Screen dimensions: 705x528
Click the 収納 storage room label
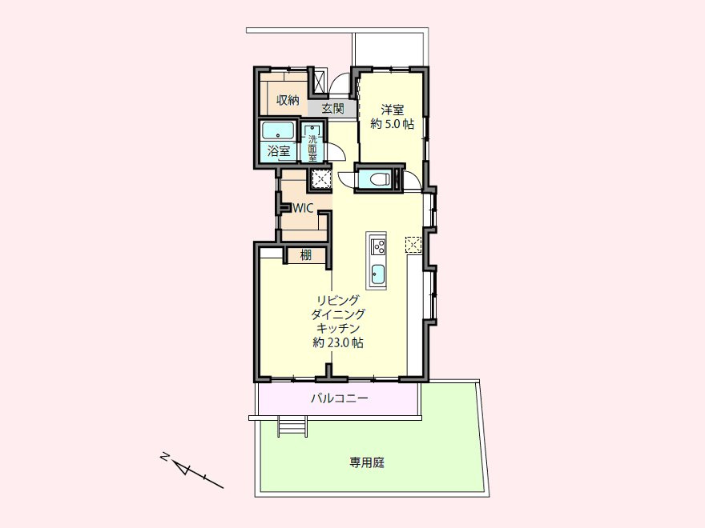(288, 100)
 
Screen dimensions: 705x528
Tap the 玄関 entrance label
(332, 108)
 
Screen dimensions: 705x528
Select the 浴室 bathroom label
(278, 151)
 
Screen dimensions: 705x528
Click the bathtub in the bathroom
(278, 130)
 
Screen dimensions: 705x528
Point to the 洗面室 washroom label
(312, 148)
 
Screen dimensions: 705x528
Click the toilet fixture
(377, 178)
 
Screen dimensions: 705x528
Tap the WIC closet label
(303, 208)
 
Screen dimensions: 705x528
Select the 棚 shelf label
(306, 255)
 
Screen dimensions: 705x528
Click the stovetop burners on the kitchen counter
(377, 246)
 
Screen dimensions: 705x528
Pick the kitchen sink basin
(377, 273)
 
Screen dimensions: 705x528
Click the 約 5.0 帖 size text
(392, 124)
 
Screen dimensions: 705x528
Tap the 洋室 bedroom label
(392, 110)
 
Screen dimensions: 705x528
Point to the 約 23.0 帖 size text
(338, 342)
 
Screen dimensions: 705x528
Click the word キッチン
(338, 328)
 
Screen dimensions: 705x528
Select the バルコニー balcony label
(340, 398)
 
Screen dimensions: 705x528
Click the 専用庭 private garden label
(367, 462)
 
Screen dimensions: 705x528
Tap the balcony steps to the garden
(293, 426)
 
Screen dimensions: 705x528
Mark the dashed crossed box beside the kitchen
(413, 245)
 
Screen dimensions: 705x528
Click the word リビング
(338, 299)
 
